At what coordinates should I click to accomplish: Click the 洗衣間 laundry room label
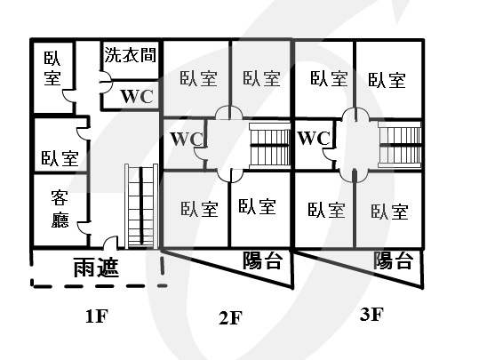(130, 55)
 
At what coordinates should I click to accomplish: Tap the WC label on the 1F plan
(137, 96)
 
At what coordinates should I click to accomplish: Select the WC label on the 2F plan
(187, 139)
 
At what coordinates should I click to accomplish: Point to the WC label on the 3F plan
(314, 138)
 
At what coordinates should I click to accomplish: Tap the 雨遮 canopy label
(96, 268)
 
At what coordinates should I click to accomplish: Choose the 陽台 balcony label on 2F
(263, 260)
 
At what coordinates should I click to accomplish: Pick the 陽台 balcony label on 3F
(393, 260)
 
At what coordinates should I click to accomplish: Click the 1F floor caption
(97, 316)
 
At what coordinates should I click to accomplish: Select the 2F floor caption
(231, 318)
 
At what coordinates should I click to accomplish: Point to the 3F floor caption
(371, 315)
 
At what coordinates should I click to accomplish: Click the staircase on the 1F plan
(141, 206)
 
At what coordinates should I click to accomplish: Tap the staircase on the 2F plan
(269, 146)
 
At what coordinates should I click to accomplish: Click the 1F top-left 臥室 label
(52, 68)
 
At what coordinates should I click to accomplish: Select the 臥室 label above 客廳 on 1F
(60, 158)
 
